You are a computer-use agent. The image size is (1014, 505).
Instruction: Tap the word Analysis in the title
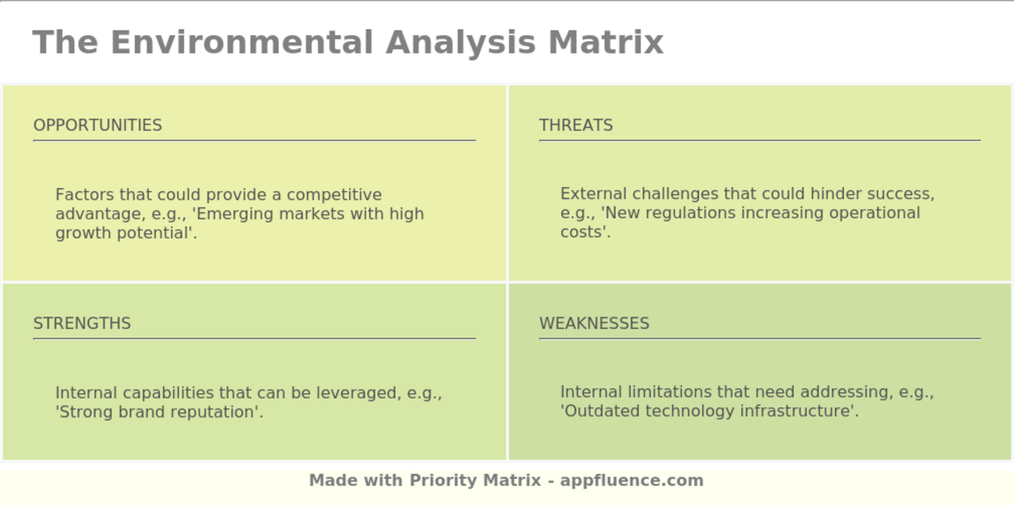461,42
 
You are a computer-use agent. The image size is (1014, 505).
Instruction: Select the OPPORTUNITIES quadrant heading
98,125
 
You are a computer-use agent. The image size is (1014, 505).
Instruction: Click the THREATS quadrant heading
576,125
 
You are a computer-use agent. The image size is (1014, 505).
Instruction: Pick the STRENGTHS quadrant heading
82,323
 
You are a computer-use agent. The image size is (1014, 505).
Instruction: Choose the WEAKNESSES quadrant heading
594,323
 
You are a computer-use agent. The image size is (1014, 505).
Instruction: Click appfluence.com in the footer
632,480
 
